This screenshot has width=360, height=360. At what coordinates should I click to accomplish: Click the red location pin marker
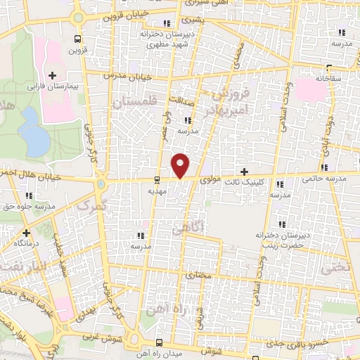[181, 166]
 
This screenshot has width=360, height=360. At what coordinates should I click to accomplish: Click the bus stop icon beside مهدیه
[156, 179]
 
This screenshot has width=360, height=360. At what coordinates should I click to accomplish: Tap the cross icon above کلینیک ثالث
[244, 172]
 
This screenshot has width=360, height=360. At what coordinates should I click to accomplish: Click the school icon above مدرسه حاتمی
[324, 167]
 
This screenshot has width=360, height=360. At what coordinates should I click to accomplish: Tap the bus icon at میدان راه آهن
[160, 342]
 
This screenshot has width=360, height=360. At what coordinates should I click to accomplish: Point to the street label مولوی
[211, 180]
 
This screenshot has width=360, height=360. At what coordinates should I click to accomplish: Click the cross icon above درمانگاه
[26, 232]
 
